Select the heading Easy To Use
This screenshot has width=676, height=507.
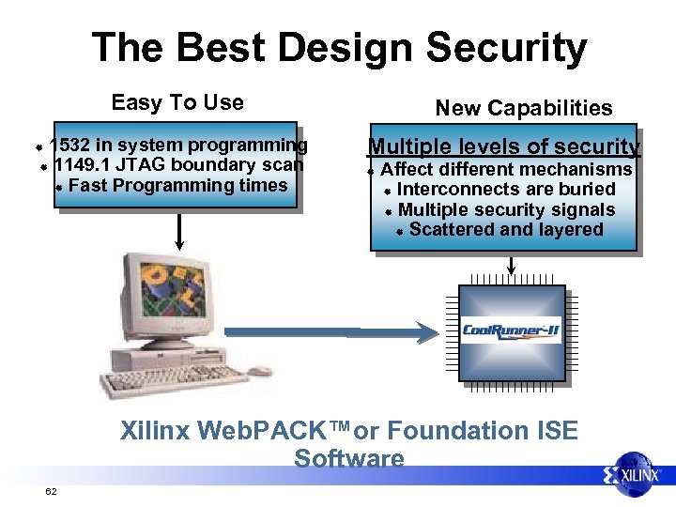[177, 102]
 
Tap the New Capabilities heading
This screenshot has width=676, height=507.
[523, 108]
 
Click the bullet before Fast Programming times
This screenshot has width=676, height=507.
[58, 187]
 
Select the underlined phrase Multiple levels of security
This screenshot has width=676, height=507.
[504, 146]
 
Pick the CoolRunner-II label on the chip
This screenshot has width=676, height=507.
[510, 330]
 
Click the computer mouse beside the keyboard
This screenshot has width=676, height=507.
[259, 372]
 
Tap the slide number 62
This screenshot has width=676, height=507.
[50, 491]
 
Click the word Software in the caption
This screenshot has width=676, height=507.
[348, 459]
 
